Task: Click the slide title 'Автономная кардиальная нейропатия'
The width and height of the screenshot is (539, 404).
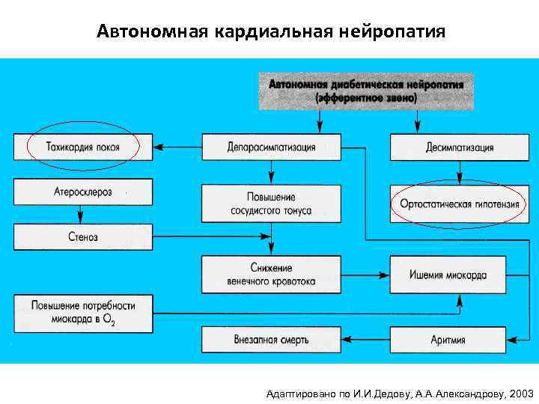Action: point(271,32)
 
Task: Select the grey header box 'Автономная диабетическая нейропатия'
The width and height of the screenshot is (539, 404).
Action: point(366,91)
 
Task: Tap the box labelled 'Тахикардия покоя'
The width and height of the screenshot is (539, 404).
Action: point(83,147)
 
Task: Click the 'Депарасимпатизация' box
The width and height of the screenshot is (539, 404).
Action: point(271,147)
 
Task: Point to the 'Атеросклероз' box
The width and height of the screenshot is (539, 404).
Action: point(83,192)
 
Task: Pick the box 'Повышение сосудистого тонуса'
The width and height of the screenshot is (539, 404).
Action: point(271,201)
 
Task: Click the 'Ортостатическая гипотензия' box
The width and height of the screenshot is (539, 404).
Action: point(459,203)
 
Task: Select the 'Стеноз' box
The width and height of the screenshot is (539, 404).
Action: point(83,236)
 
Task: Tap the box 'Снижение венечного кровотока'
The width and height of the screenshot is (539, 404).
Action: point(271,275)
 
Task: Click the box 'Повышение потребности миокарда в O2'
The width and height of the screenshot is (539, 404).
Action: point(83,313)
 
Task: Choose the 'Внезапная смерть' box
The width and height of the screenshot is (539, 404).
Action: point(271,339)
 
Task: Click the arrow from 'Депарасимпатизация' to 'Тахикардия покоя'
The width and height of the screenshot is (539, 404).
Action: point(177,147)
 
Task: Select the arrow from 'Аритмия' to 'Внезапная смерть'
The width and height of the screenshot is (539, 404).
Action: point(365,339)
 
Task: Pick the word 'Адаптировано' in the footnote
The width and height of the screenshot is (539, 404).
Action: point(296,393)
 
